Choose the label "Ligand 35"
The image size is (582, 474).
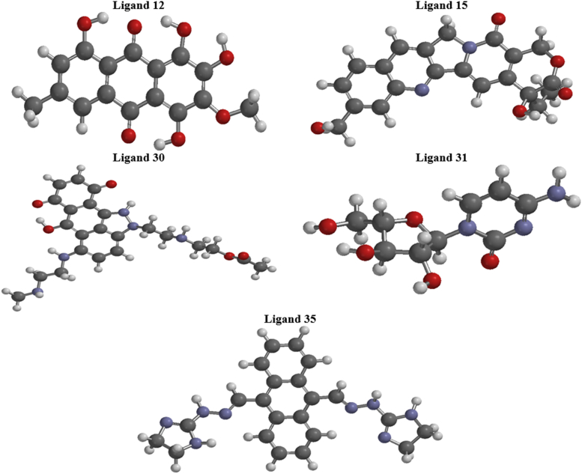pos(290,318)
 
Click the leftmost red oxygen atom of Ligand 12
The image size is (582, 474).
pos(84,22)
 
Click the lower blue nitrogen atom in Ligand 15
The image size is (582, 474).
pos(421,91)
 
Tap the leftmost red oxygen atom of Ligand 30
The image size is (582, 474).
pos(36,203)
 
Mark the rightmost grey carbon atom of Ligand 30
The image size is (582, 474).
pos(264,267)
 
